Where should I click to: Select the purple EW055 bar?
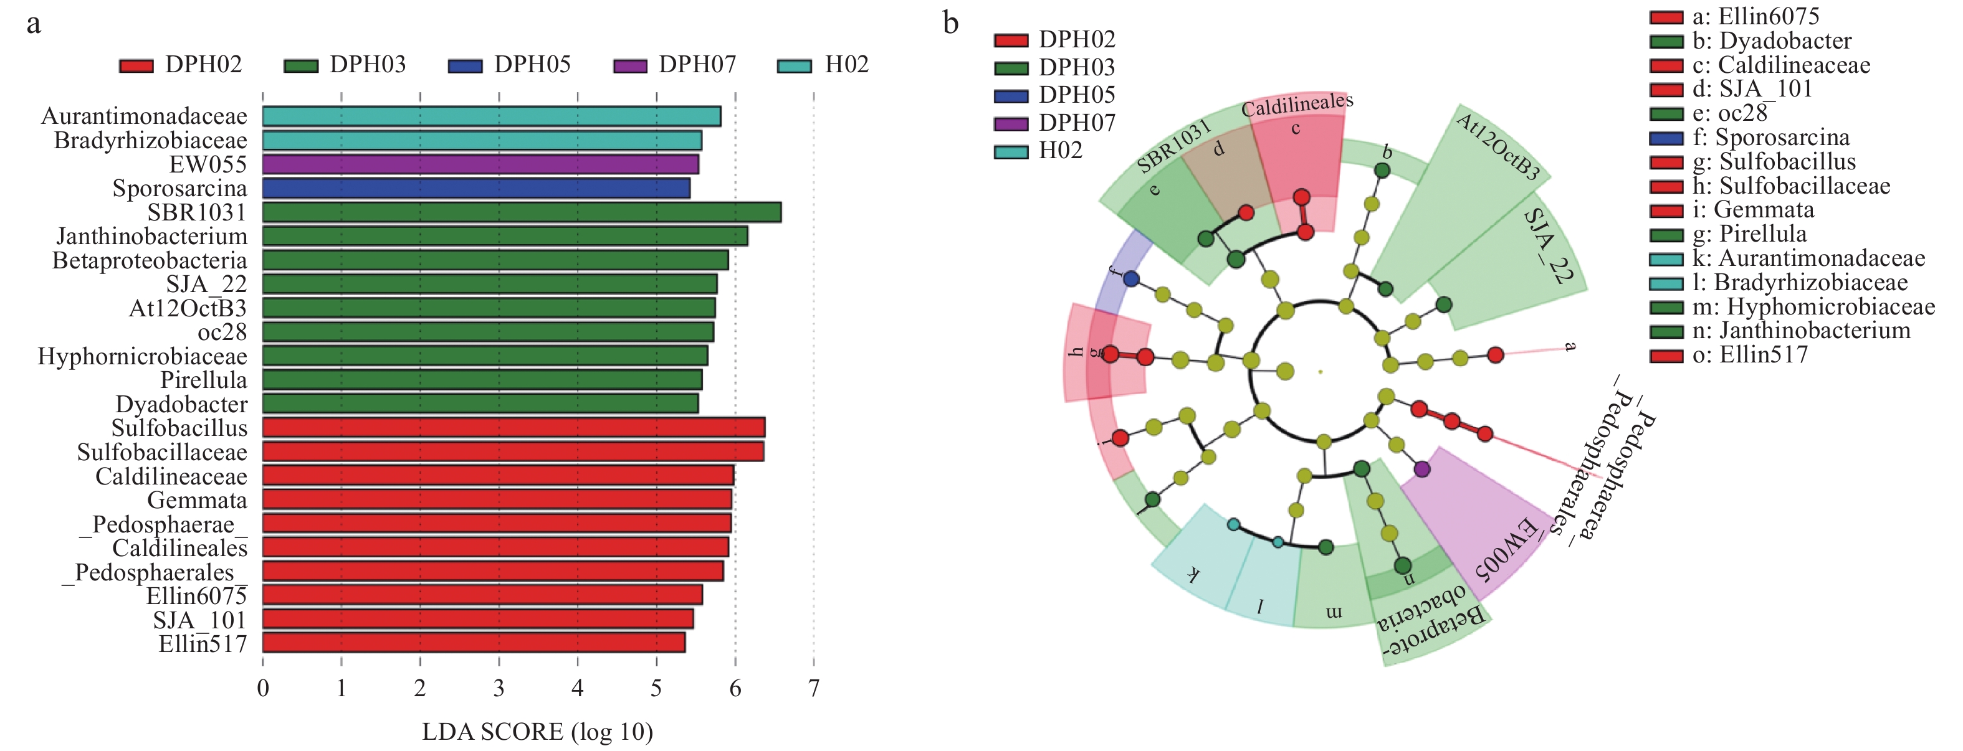[x=480, y=164]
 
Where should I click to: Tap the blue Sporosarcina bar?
[x=476, y=188]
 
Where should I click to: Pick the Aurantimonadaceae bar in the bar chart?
[x=492, y=116]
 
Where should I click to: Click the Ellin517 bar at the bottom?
[x=473, y=643]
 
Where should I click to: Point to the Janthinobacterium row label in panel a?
[x=151, y=236]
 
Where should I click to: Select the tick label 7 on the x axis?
[x=814, y=689]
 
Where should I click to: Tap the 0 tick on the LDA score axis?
[x=263, y=689]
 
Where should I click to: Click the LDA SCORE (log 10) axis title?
[x=537, y=732]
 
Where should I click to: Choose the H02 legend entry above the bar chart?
[x=823, y=65]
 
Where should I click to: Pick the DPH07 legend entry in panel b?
[x=1054, y=123]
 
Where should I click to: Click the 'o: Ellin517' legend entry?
[x=1728, y=355]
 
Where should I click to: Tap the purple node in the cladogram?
[x=1421, y=469]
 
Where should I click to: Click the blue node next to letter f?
[x=1132, y=279]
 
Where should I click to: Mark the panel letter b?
[x=950, y=23]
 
